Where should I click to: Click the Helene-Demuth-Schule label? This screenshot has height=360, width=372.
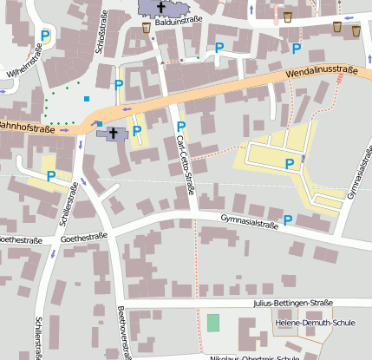(x=315, y=324)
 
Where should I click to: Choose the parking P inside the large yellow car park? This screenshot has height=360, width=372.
(x=290, y=162)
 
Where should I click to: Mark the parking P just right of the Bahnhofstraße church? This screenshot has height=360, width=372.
(x=137, y=130)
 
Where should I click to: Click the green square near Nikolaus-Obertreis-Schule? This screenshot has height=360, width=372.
(x=213, y=323)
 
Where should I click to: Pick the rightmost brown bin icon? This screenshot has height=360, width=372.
(x=356, y=30)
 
